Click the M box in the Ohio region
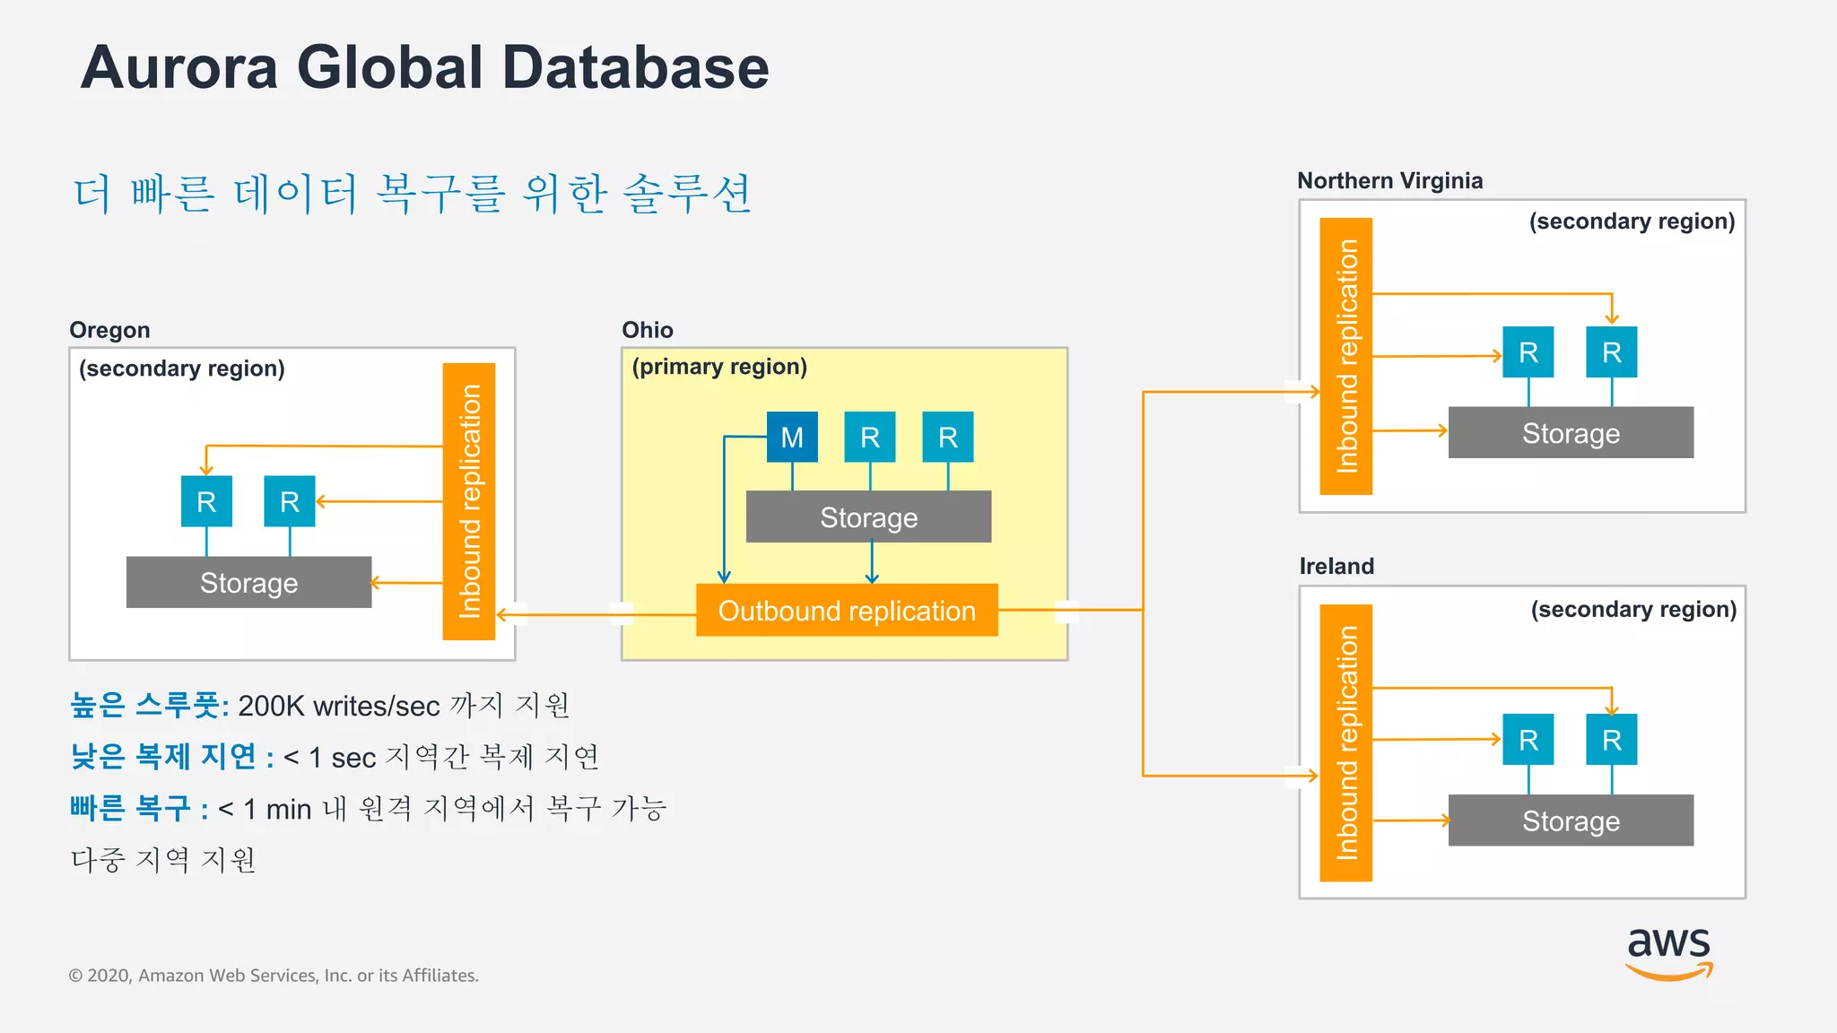792,437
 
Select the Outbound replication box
847,610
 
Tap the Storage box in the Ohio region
868,516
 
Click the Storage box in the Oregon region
248,582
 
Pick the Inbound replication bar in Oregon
469,501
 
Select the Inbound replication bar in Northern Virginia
1345,356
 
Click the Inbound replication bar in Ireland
1345,742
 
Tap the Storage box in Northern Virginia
1571,432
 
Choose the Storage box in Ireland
1571,820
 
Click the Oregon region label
109,330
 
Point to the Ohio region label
647,330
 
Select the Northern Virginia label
1389,180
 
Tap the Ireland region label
1336,566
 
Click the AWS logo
1668,952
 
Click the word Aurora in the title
179,68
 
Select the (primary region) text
719,367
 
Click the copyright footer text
274,975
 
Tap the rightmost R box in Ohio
948,437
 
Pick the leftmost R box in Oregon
206,501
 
